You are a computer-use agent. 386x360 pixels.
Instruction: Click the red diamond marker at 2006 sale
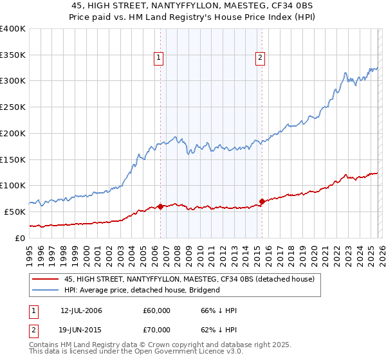pos(160,206)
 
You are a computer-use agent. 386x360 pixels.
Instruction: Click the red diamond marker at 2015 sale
pos(262,201)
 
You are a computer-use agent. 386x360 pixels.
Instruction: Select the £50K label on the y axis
pos(15,212)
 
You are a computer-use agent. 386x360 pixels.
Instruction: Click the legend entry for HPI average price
pos(142,290)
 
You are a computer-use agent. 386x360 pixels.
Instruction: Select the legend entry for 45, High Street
pos(189,279)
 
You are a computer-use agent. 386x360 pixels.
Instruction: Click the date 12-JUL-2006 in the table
pos(81,310)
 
